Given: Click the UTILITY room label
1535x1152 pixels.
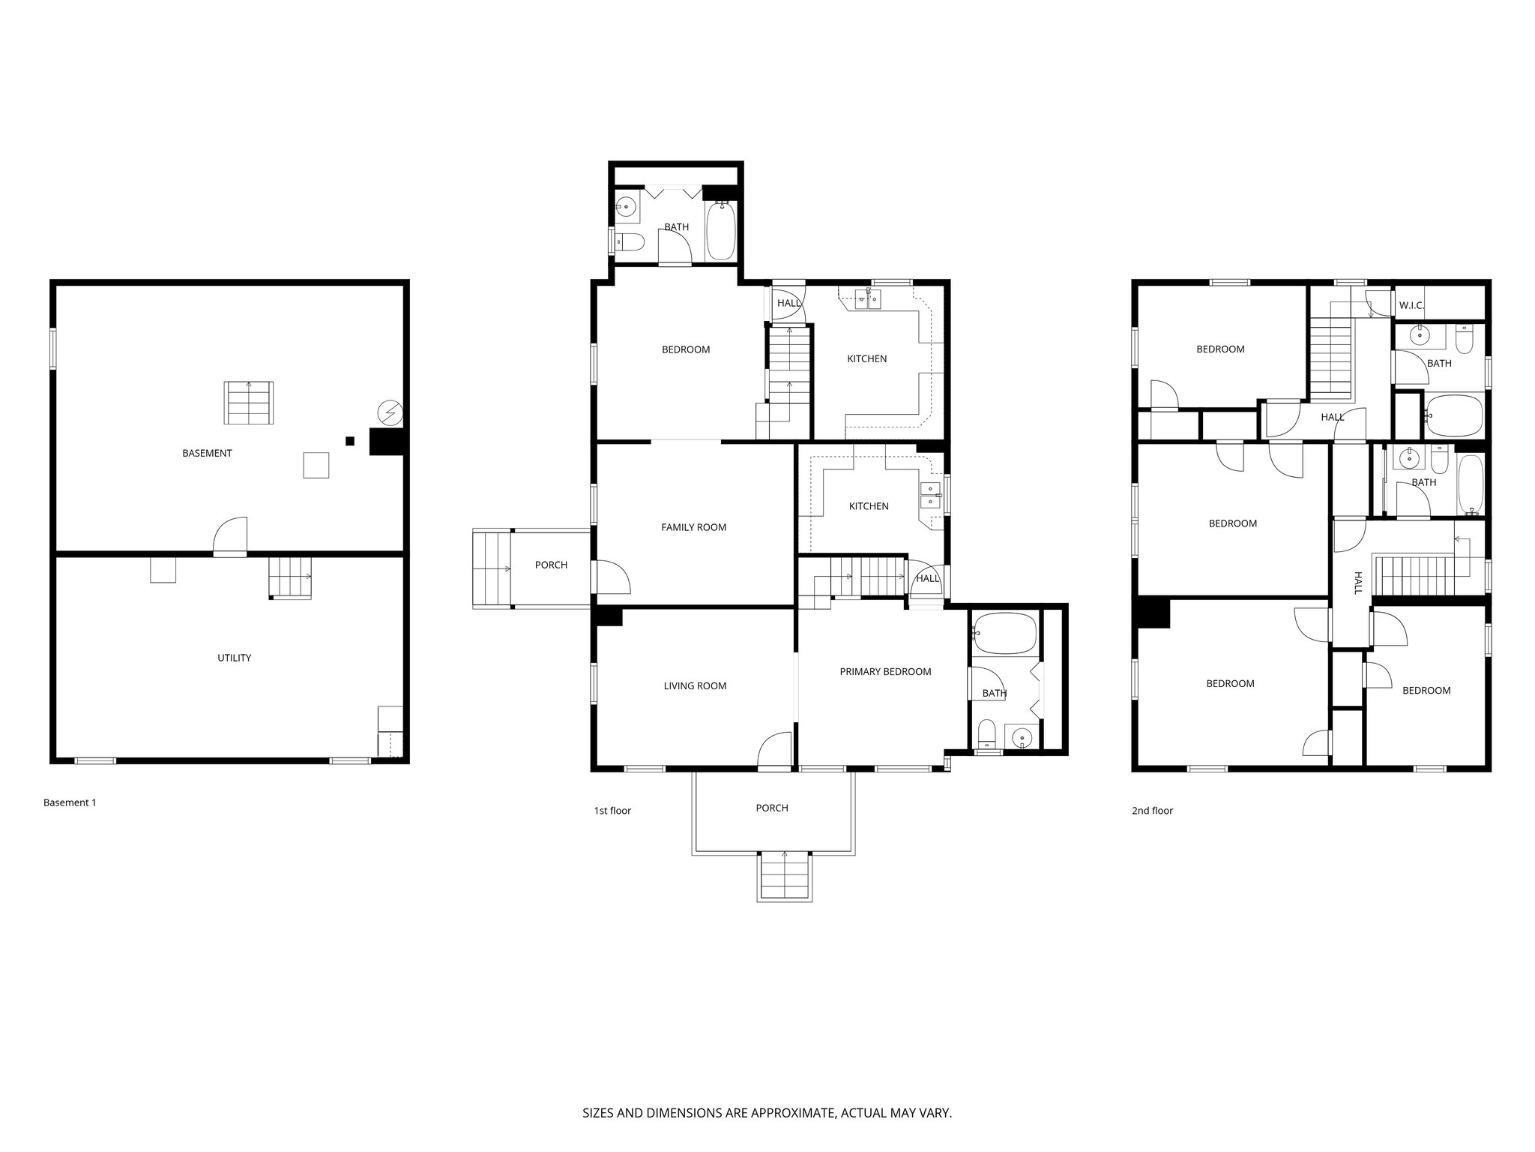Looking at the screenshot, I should (234, 658).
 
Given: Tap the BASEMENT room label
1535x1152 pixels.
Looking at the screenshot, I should (207, 453).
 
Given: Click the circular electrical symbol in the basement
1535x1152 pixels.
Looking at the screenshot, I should (390, 412).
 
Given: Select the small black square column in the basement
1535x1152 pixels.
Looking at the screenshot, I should (350, 441).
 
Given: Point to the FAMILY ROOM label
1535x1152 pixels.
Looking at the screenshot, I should (693, 527).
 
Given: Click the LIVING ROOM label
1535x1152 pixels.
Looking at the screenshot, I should (695, 685).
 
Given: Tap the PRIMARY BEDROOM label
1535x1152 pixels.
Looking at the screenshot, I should (885, 671).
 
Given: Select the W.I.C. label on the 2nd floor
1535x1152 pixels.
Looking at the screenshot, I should (1411, 306).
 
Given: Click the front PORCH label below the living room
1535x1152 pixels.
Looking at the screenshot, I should (771, 808).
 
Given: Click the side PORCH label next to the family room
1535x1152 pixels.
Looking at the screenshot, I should (551, 565).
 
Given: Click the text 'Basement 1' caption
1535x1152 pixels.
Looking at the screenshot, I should (70, 802).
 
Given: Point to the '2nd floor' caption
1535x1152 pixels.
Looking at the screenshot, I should (1152, 811).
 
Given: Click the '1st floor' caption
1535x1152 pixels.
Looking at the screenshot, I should (612, 811).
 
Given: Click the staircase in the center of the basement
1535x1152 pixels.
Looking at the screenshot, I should (249, 403).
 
